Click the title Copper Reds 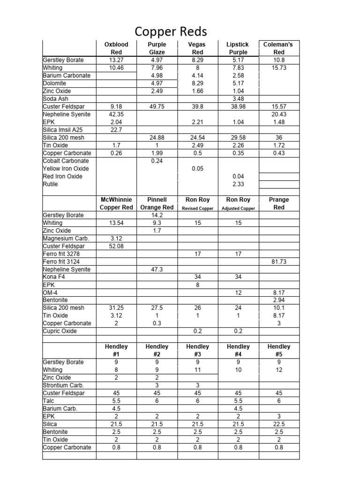pyautogui.click(x=171, y=31)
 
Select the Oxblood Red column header pyautogui.click(x=116, y=48)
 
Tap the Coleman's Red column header pyautogui.click(x=279, y=48)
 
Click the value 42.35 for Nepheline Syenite pyautogui.click(x=116, y=114)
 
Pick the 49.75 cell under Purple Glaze pyautogui.click(x=157, y=106)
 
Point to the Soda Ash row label pyautogui.click(x=56, y=99)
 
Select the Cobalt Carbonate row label pyautogui.click(x=66, y=161)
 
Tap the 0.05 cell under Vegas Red pyautogui.click(x=197, y=169)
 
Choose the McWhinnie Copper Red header pyautogui.click(x=116, y=203)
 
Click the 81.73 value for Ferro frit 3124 pyautogui.click(x=279, y=262)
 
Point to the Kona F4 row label pyautogui.click(x=53, y=277)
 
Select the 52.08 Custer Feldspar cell pyautogui.click(x=116, y=246)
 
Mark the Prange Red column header pyautogui.click(x=279, y=203)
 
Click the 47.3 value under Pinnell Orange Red pyautogui.click(x=157, y=270)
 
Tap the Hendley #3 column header pyautogui.click(x=197, y=351)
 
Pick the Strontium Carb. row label pyautogui.click(x=60, y=385)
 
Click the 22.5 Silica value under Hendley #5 pyautogui.click(x=279, y=424)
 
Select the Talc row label pyautogui.click(x=49, y=401)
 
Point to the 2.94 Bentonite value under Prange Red pyautogui.click(x=279, y=300)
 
